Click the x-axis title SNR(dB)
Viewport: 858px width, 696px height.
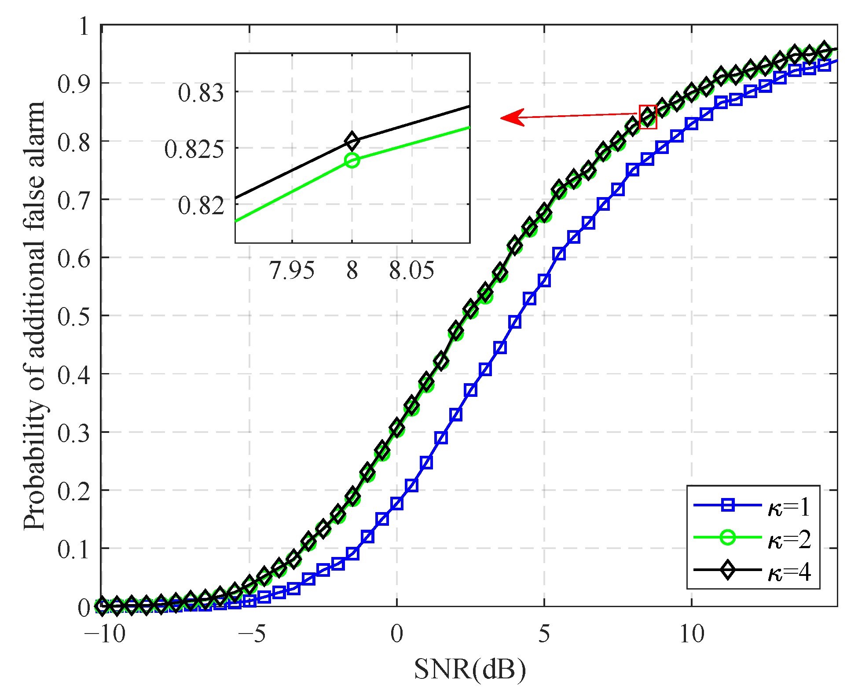click(x=469, y=669)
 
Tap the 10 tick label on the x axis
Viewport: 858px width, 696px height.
click(x=692, y=634)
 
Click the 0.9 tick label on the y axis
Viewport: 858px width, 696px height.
click(x=74, y=84)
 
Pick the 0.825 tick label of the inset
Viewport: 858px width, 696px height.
click(x=194, y=149)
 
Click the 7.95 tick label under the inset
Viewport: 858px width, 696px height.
click(x=292, y=270)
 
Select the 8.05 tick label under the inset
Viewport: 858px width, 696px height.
click(x=411, y=270)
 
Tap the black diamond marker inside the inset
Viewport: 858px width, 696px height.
click(x=352, y=141)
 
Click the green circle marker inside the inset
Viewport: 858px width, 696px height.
click(x=352, y=161)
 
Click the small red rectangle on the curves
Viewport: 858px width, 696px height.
click(x=648, y=117)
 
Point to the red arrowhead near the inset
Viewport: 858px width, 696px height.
click(x=510, y=117)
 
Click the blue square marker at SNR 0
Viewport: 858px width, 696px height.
click(x=397, y=504)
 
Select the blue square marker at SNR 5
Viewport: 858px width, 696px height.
click(x=544, y=280)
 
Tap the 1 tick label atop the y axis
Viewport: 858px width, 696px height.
click(x=84, y=27)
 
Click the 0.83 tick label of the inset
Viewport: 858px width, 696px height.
click(x=201, y=93)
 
